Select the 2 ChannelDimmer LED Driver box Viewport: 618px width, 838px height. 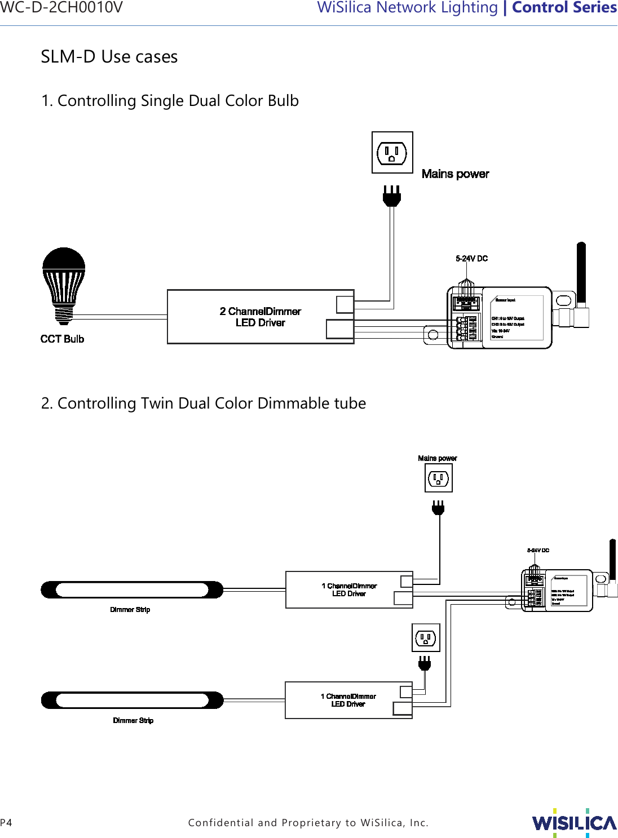point(261,317)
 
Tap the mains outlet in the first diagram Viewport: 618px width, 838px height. point(392,153)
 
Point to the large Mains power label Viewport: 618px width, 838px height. point(455,174)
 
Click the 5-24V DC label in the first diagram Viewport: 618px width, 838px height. point(471,259)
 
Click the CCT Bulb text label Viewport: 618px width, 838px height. point(62,339)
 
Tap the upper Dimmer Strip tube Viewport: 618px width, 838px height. point(132,590)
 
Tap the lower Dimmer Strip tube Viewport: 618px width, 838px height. point(132,700)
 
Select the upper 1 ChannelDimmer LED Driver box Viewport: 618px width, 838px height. point(349,590)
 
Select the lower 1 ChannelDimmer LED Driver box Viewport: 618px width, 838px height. point(348,700)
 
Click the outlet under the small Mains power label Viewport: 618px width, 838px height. point(438,478)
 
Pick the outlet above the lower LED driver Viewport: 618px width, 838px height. point(426,638)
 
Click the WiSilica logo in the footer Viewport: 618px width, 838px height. point(574,823)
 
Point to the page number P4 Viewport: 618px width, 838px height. point(6,823)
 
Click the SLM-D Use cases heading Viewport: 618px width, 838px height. point(109,57)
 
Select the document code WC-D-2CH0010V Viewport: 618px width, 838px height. point(61,8)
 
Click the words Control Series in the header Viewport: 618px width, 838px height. point(564,8)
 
